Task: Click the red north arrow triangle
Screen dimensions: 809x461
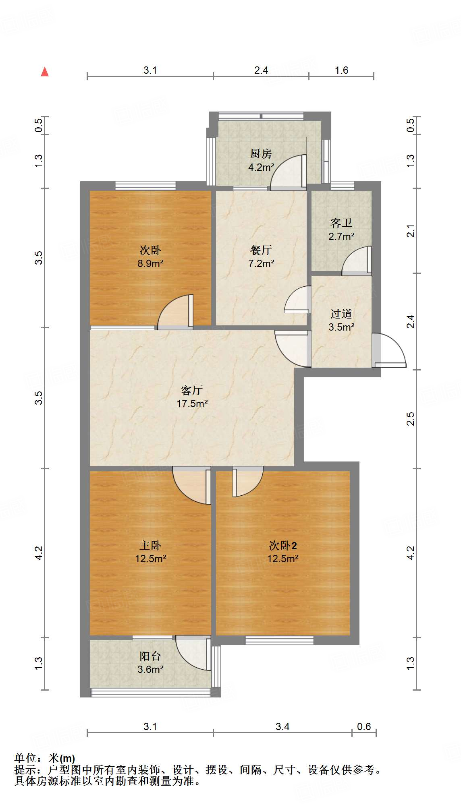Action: point(45,72)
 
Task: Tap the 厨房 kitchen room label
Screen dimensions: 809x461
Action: point(261,153)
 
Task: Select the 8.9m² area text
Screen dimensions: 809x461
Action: point(150,264)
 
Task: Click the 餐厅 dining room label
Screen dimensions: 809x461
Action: point(261,250)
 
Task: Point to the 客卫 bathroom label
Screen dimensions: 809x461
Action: point(341,223)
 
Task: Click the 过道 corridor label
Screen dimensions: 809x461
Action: point(341,313)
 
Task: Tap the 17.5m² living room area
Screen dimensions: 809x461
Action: point(192,403)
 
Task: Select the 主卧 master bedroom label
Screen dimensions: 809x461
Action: point(150,545)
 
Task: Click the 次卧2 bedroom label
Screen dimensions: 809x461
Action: point(282,545)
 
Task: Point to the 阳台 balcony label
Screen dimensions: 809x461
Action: point(150,656)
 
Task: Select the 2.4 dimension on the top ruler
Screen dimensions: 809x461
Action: point(261,70)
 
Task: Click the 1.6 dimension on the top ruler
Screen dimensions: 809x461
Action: point(341,70)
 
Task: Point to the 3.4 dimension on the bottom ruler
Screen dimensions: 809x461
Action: point(282,727)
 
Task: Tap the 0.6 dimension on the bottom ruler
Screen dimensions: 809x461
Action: point(364,727)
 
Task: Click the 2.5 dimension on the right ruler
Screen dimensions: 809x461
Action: point(410,419)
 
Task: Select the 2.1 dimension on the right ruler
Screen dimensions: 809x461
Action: point(410,231)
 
